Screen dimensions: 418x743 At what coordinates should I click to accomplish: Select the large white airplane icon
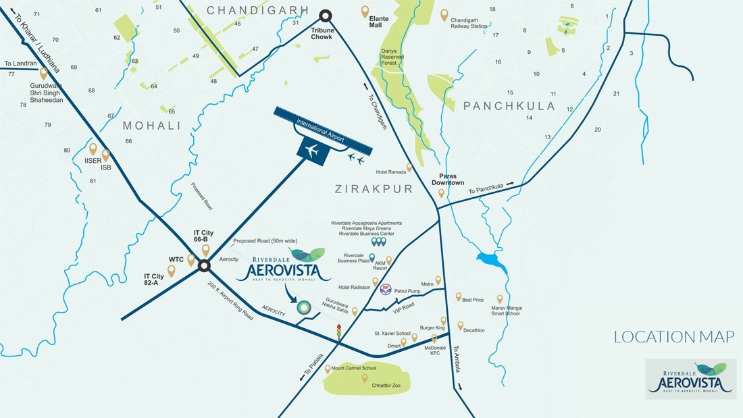tap(312, 152)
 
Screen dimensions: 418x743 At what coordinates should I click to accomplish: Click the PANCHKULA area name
tap(509, 106)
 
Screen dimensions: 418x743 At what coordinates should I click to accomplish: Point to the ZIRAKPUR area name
tap(374, 189)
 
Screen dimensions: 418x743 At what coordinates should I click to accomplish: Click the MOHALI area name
tap(151, 126)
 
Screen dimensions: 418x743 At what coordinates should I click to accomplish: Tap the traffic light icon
tap(338, 331)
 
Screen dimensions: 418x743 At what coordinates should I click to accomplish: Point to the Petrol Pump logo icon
tap(386, 287)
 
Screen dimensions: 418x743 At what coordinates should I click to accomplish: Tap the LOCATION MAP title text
tap(673, 337)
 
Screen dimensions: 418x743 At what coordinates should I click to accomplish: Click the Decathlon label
tap(474, 330)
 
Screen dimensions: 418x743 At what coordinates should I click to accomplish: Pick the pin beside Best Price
tap(458, 296)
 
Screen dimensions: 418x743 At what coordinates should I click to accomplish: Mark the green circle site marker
tap(306, 308)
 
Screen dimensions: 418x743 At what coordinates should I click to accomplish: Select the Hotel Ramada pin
tap(409, 167)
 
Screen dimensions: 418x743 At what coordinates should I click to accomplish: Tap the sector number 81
tap(93, 181)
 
